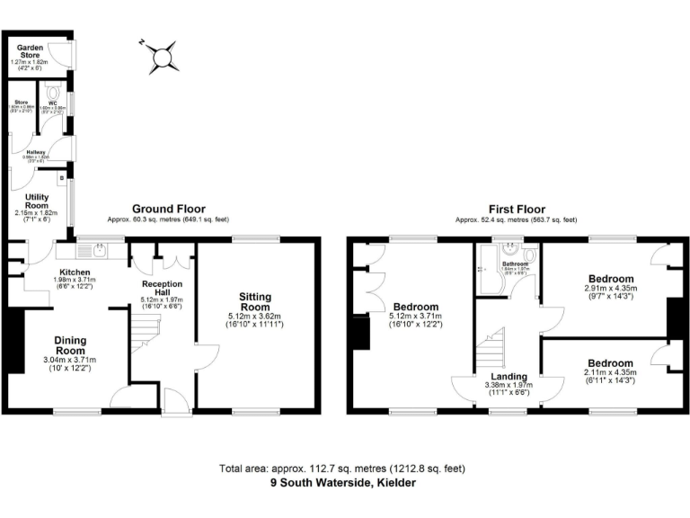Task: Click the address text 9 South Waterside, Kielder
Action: (343, 482)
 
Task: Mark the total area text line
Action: (343, 469)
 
